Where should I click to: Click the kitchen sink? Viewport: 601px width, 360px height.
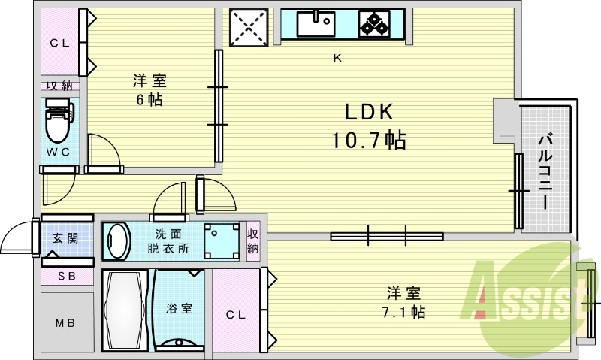click(316, 23)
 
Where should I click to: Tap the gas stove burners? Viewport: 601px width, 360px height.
click(374, 23)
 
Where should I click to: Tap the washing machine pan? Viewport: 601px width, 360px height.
click(221, 241)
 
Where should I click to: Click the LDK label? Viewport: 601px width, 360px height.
click(370, 113)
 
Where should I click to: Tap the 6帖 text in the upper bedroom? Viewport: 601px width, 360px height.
click(149, 99)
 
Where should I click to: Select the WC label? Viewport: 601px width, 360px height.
click(59, 152)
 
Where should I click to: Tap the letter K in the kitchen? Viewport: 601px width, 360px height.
click(337, 58)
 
